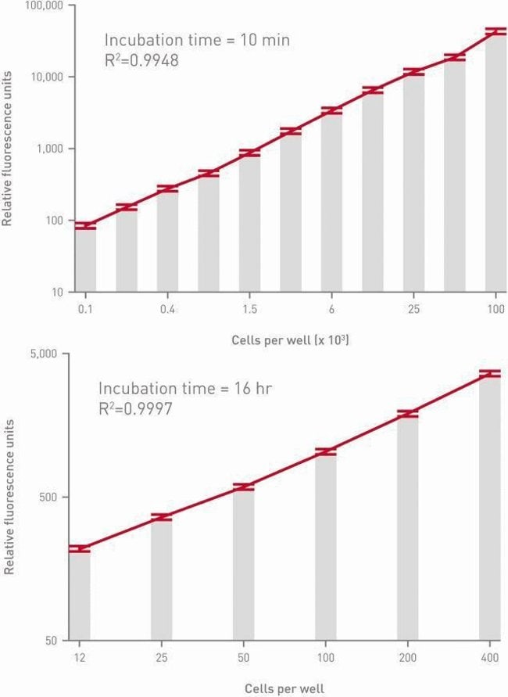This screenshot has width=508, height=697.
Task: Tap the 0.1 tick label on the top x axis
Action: tap(85, 310)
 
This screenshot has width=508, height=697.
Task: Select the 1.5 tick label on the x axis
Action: tap(249, 310)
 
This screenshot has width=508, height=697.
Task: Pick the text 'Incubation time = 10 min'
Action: tap(197, 40)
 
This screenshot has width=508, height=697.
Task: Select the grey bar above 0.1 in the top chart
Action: tap(85, 258)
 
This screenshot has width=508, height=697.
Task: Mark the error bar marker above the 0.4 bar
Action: tap(167, 189)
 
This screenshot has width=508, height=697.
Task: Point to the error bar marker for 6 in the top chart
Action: tap(331, 111)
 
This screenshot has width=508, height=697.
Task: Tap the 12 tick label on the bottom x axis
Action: tap(79, 658)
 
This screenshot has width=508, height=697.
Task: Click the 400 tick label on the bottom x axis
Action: tap(490, 658)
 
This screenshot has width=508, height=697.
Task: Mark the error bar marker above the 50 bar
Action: tap(243, 487)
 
